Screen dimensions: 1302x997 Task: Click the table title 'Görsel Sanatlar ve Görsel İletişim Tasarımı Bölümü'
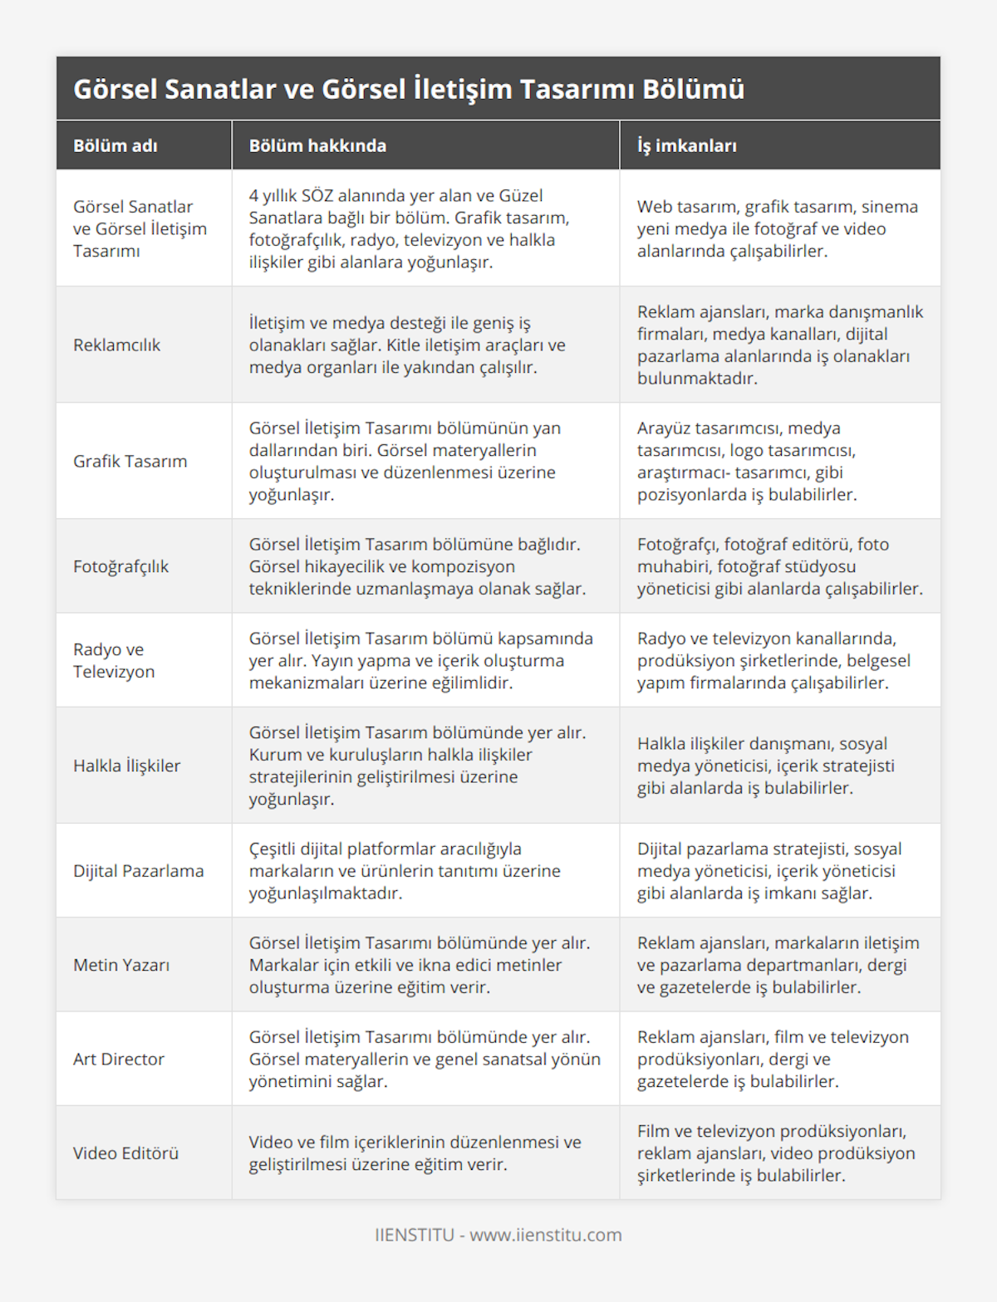click(x=409, y=89)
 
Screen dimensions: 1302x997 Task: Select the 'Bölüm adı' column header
click(x=115, y=146)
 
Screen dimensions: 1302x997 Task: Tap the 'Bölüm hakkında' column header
click(x=317, y=146)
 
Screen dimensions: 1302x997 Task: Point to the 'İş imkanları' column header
click(x=686, y=146)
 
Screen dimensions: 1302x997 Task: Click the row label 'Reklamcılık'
click(x=116, y=345)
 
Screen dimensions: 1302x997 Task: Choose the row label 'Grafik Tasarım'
click(x=130, y=461)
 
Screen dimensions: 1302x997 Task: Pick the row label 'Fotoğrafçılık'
click(x=120, y=566)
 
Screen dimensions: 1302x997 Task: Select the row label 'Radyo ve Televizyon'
click(x=114, y=660)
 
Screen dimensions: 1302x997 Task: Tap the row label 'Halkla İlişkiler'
click(x=126, y=766)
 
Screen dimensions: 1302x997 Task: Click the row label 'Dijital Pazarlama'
click(x=138, y=871)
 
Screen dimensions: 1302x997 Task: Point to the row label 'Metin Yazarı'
click(x=121, y=965)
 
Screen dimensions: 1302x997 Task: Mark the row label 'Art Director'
click(x=119, y=1059)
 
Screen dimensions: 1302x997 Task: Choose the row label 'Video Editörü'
click(x=125, y=1153)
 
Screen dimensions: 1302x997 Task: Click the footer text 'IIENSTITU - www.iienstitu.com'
click(x=498, y=1235)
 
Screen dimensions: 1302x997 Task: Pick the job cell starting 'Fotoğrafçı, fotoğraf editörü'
click(x=779, y=566)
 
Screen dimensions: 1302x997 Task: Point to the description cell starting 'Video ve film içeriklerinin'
click(x=415, y=1153)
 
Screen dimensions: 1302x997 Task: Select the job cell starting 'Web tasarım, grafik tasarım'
click(x=777, y=228)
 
